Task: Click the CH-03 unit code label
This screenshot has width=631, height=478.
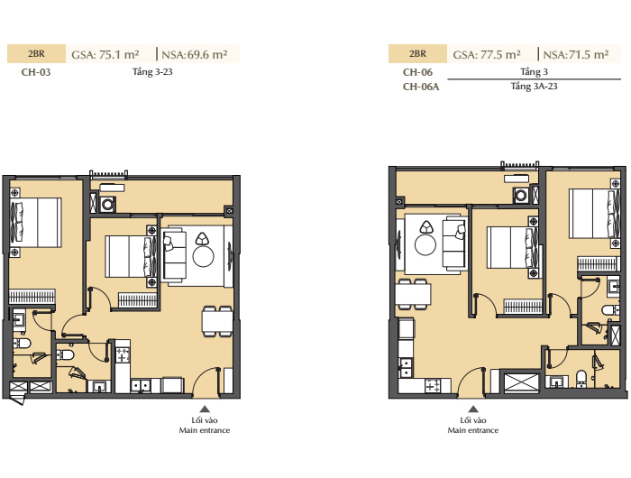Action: click(x=36, y=72)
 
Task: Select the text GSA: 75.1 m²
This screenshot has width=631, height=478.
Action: click(x=105, y=54)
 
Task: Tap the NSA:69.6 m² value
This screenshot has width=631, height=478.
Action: click(x=195, y=54)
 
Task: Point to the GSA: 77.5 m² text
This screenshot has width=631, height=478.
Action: click(x=487, y=54)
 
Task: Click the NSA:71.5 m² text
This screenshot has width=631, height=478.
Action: click(x=576, y=54)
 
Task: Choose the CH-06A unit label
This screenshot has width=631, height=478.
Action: click(x=421, y=87)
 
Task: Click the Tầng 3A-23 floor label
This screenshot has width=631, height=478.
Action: click(x=534, y=87)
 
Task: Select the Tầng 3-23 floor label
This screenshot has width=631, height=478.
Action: click(x=152, y=71)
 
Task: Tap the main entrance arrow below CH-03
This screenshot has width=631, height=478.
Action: click(x=205, y=409)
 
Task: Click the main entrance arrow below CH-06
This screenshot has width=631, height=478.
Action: click(x=473, y=409)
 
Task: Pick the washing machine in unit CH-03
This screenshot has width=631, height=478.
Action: click(x=107, y=205)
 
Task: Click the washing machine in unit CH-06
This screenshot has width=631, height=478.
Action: click(x=521, y=196)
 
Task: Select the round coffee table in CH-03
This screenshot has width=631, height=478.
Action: click(x=203, y=256)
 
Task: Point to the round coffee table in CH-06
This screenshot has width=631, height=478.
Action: click(x=425, y=244)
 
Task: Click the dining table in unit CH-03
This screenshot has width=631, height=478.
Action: click(x=217, y=321)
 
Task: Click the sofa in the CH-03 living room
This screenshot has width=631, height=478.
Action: click(x=174, y=255)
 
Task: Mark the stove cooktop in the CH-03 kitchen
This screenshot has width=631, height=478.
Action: click(x=123, y=354)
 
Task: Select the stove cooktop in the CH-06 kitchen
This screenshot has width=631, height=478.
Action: click(x=433, y=386)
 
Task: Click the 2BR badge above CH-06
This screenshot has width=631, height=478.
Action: click(x=417, y=54)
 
